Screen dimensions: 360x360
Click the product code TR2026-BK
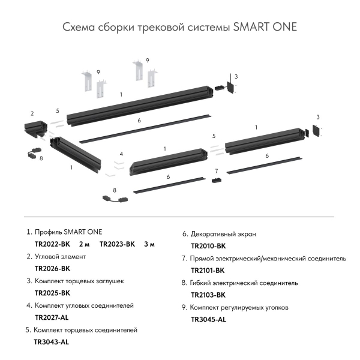point(53,268)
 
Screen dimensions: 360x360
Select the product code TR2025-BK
point(53,293)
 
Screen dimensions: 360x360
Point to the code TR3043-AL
point(52,342)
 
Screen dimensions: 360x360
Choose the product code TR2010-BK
point(208,246)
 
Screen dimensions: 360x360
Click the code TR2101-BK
point(208,271)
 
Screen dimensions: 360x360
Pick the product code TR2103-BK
point(208,295)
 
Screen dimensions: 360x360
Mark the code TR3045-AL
point(208,319)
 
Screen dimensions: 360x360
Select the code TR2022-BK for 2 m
point(53,244)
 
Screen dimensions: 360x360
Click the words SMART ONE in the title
point(265,28)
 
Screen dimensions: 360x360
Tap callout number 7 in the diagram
point(216,171)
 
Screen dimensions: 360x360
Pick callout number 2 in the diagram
point(32,113)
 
